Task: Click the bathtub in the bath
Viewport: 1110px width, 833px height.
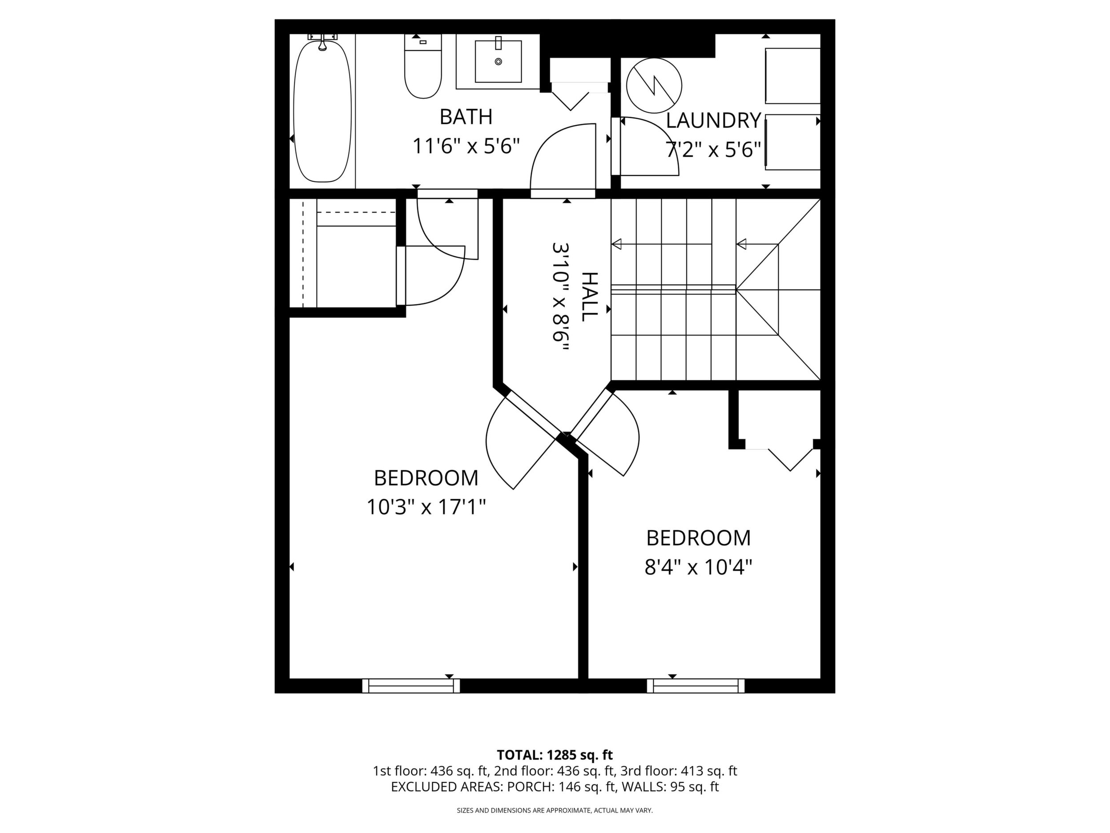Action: [323, 112]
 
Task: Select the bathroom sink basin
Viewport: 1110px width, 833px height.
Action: [498, 61]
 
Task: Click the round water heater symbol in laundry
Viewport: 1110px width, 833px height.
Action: [654, 85]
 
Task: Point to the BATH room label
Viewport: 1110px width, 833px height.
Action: [466, 117]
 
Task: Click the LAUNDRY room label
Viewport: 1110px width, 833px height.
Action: [714, 121]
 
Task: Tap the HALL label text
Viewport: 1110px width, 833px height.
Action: [589, 297]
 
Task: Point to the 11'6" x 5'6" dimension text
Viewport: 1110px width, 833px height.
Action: [466, 146]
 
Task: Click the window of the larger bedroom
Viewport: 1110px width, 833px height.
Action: [411, 686]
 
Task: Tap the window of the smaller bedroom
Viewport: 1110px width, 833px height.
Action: [696, 686]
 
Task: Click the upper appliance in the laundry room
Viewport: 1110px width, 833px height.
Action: [792, 76]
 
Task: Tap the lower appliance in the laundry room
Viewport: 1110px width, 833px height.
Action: [792, 142]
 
